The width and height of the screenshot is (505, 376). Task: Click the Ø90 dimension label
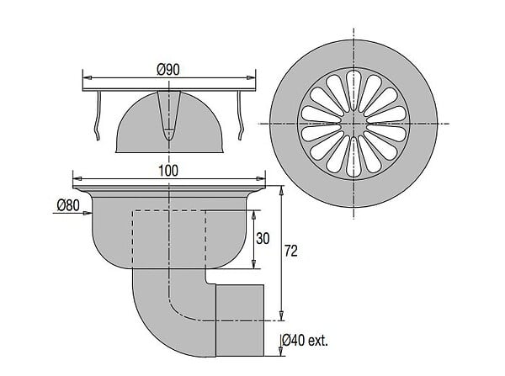click(169, 70)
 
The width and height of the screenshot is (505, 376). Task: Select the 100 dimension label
click(168, 171)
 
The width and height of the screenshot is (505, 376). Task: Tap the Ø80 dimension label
click(68, 204)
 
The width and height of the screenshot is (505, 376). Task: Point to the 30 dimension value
click(263, 239)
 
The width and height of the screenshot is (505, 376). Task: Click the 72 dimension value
click(291, 252)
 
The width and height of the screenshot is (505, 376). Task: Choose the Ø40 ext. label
click(305, 340)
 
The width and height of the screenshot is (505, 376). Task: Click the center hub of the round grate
click(353, 124)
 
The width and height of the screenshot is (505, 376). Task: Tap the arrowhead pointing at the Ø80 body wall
click(87, 213)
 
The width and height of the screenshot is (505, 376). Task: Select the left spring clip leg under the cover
click(98, 116)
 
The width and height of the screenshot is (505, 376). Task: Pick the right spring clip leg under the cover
click(240, 116)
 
